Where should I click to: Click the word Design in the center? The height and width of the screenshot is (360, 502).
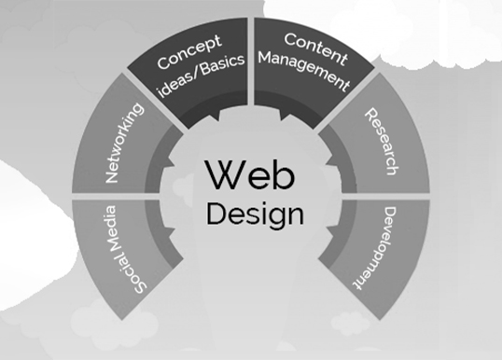(255, 213)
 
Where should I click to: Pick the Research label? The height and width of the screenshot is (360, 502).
(381, 144)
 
